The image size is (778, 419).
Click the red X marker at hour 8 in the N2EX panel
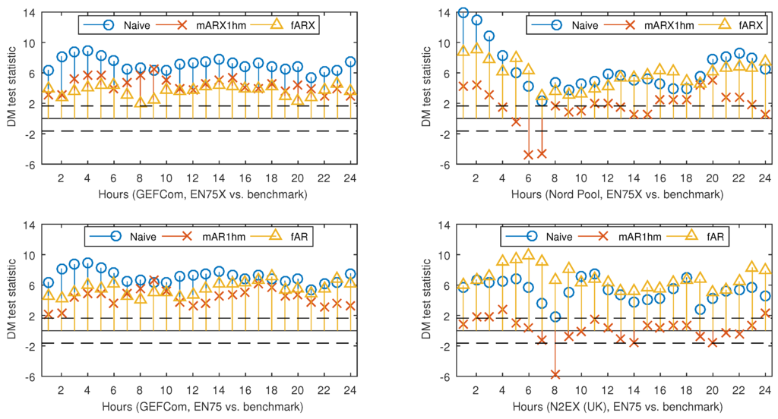click(x=555, y=374)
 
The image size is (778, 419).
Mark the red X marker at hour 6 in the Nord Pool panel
click(x=528, y=155)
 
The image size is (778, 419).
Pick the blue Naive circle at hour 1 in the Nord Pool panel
click(x=463, y=13)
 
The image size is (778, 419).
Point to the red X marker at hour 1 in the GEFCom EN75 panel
click(x=49, y=314)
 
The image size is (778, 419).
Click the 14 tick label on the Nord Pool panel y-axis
click(x=446, y=13)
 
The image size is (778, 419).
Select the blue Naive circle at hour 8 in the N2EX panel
click(x=555, y=317)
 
